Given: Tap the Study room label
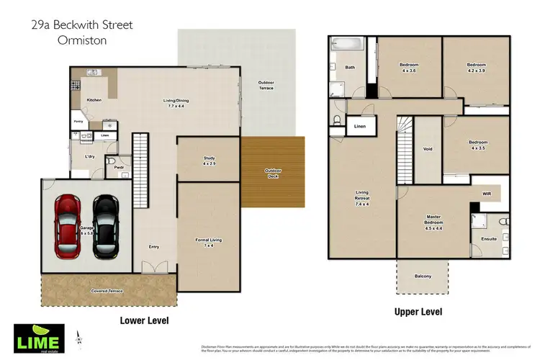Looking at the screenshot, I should point(209,161).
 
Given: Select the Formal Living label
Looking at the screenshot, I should point(208,243).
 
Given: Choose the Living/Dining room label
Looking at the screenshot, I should point(176,103).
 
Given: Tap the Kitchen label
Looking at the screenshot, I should point(94,100).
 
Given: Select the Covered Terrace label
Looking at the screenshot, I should point(107,291).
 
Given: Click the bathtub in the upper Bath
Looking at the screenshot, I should point(350,45).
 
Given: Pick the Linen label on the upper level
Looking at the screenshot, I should point(360,127).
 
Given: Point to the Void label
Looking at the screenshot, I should point(428,149).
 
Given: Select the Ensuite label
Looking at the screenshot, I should point(489,238).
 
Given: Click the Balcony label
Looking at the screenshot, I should point(423,275).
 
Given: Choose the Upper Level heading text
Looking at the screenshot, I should point(418,312).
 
